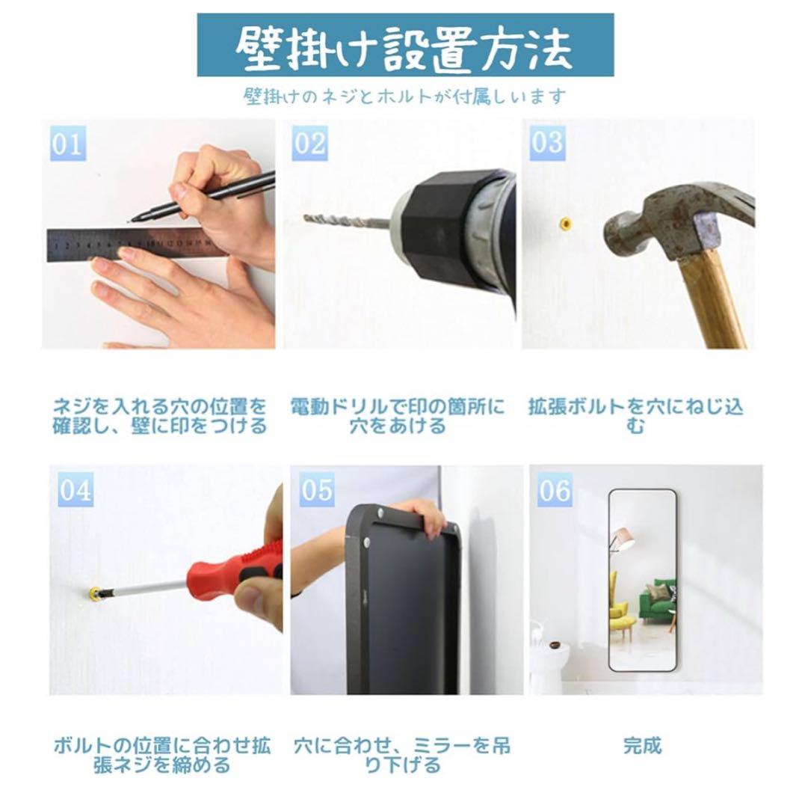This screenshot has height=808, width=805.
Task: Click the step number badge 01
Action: click(68, 143)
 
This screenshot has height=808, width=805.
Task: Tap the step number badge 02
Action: click(309, 143)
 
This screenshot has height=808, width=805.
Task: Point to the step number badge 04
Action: click(75, 490)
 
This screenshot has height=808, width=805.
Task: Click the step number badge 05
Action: click(317, 490)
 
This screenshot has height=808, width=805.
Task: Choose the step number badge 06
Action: click(555, 490)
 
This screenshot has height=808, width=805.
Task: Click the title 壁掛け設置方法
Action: click(404, 46)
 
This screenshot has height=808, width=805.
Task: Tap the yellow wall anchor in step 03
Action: click(567, 223)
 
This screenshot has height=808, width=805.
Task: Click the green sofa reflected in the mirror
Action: click(658, 602)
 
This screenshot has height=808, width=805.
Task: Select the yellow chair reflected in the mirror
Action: click(617, 599)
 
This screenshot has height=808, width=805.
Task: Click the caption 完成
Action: click(642, 746)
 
